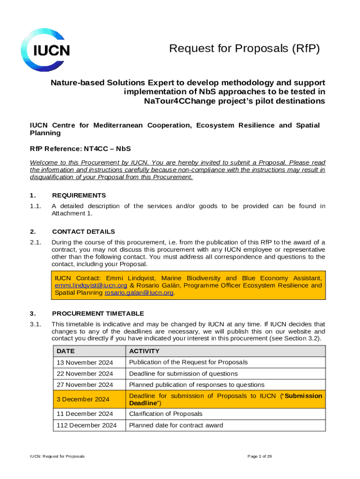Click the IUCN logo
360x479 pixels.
click(45, 50)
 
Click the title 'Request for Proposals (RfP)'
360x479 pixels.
click(245, 49)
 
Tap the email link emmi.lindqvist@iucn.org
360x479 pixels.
click(91, 285)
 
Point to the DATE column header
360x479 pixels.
click(65, 351)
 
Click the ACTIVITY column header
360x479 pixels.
click(144, 351)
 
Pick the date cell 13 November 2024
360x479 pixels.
click(84, 363)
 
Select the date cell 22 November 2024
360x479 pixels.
click(84, 374)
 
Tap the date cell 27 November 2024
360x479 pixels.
click(84, 385)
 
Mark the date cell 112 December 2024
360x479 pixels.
click(86, 426)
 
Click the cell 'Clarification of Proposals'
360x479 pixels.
click(166, 414)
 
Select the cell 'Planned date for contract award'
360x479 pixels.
click(176, 426)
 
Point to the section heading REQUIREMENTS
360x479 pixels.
click(79, 196)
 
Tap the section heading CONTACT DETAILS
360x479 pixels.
click(83, 232)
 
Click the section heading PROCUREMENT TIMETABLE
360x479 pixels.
click(98, 313)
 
